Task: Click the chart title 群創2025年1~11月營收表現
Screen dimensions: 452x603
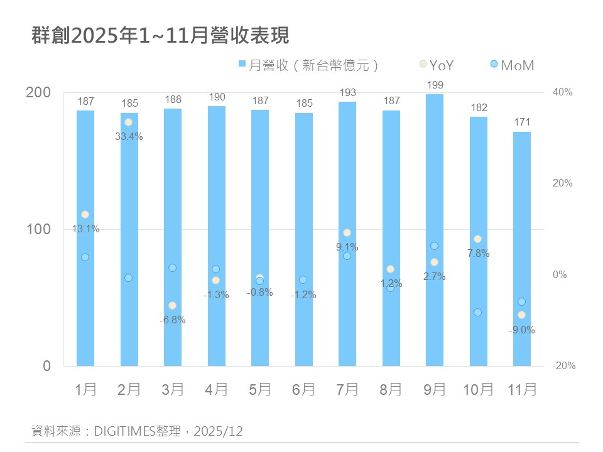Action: coord(160,36)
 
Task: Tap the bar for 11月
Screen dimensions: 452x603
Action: coord(521,251)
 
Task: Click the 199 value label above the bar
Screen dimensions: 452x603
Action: coord(434,85)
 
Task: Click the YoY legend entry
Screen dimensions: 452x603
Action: coord(436,65)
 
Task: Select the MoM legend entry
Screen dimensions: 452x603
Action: coord(512,65)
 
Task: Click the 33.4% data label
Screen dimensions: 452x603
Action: coord(129,136)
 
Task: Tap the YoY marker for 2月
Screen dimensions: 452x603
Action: coord(128,122)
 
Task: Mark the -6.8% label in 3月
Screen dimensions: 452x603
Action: coord(172,320)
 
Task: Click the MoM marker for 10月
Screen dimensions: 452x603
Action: coord(477,312)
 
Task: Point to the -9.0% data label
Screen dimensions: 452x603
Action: coord(521,330)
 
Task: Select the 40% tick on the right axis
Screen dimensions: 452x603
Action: coord(562,92)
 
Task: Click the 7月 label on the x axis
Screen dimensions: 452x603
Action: coord(347,390)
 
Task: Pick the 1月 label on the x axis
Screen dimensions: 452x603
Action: coord(85,390)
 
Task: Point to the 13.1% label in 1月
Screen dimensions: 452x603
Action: coord(85,229)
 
